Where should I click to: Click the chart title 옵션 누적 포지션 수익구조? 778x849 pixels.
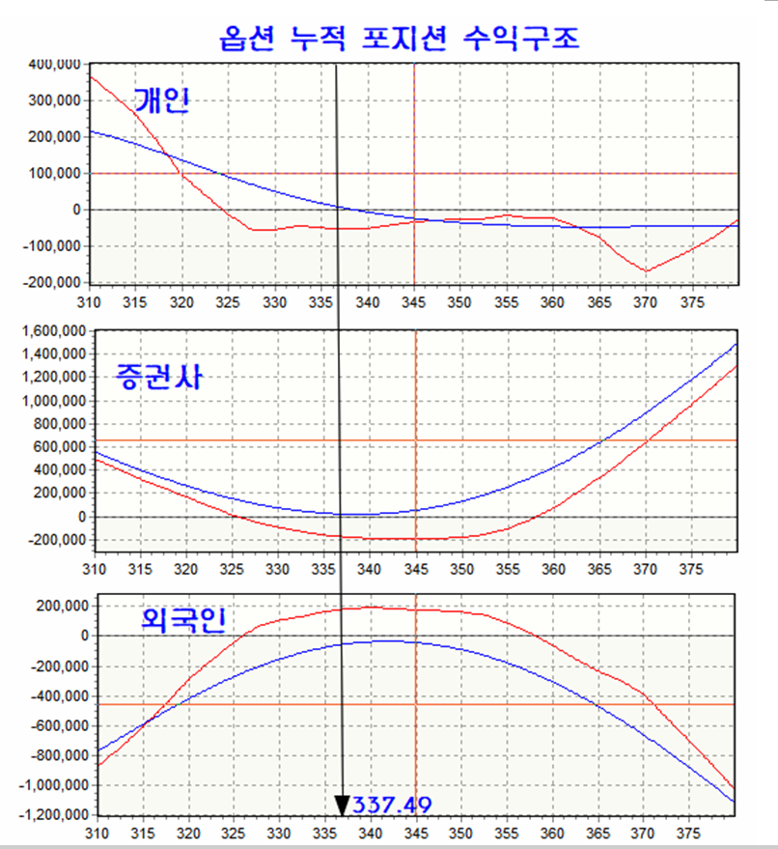[x=400, y=39]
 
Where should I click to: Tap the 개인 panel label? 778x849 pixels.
[x=160, y=100]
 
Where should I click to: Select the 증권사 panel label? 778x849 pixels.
[x=158, y=376]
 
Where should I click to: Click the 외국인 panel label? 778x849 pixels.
[x=182, y=619]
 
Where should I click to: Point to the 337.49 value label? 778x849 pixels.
[x=391, y=805]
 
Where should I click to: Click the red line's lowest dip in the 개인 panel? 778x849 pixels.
[x=645, y=271]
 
